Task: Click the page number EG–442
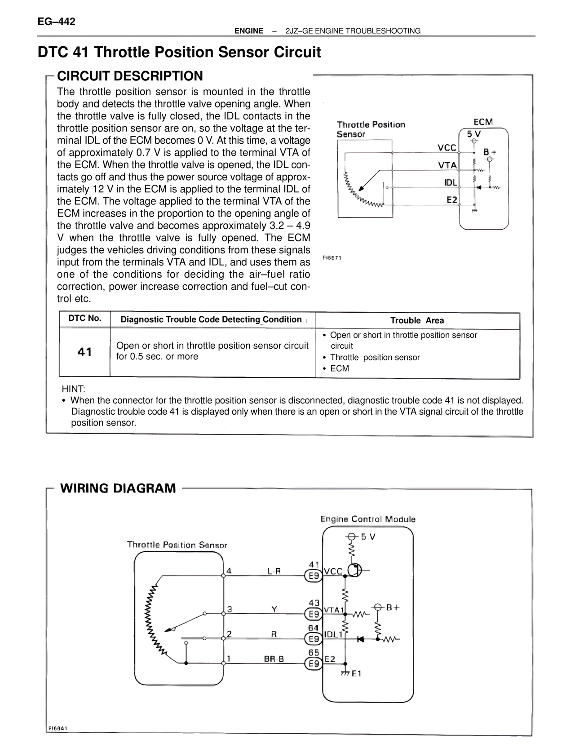tap(56, 22)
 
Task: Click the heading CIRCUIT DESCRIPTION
tap(130, 76)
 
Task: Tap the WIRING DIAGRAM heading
tap(118, 488)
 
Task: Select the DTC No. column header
tap(85, 319)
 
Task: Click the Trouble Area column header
tap(417, 320)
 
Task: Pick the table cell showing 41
tap(84, 352)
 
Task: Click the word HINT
tap(73, 389)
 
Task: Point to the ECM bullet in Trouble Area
tap(339, 368)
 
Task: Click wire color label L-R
tap(274, 571)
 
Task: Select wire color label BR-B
tap(274, 659)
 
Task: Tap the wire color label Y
tap(274, 609)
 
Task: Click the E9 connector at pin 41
tap(314, 576)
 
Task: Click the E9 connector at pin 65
tap(314, 663)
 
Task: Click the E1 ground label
tap(356, 673)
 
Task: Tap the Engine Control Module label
tap(368, 519)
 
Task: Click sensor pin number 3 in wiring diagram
tap(230, 609)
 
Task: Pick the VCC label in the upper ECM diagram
tap(447, 147)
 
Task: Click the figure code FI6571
tap(332, 258)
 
